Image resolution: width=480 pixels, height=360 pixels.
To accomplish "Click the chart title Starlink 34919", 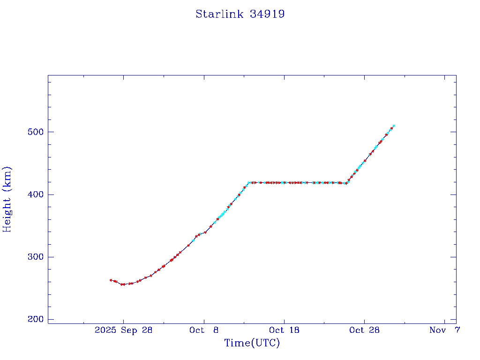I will [x=240, y=14].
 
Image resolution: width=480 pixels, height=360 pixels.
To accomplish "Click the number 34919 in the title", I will [x=267, y=14].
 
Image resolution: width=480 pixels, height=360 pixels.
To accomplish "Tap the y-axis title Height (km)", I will [x=7, y=199].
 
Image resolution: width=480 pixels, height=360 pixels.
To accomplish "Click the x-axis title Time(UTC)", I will [x=252, y=343].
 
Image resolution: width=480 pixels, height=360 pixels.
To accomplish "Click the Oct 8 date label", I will [x=204, y=330].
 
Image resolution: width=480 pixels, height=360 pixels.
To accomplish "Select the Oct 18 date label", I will [x=284, y=330].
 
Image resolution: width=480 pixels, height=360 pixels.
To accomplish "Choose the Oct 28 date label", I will [x=364, y=330].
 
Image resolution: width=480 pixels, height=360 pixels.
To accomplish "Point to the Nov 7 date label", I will [x=444, y=330].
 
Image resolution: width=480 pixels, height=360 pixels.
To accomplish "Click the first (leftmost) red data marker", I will [x=111, y=280].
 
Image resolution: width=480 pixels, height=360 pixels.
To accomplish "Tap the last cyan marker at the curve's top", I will [x=394, y=126].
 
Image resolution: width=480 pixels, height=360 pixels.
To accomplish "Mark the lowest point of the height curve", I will [x=122, y=284].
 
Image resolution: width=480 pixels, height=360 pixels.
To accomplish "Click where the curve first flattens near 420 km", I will [x=249, y=182].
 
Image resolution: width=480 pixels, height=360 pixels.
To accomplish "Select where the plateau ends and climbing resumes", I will [x=346, y=183].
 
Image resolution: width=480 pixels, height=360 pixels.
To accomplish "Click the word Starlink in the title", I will [x=220, y=14].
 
